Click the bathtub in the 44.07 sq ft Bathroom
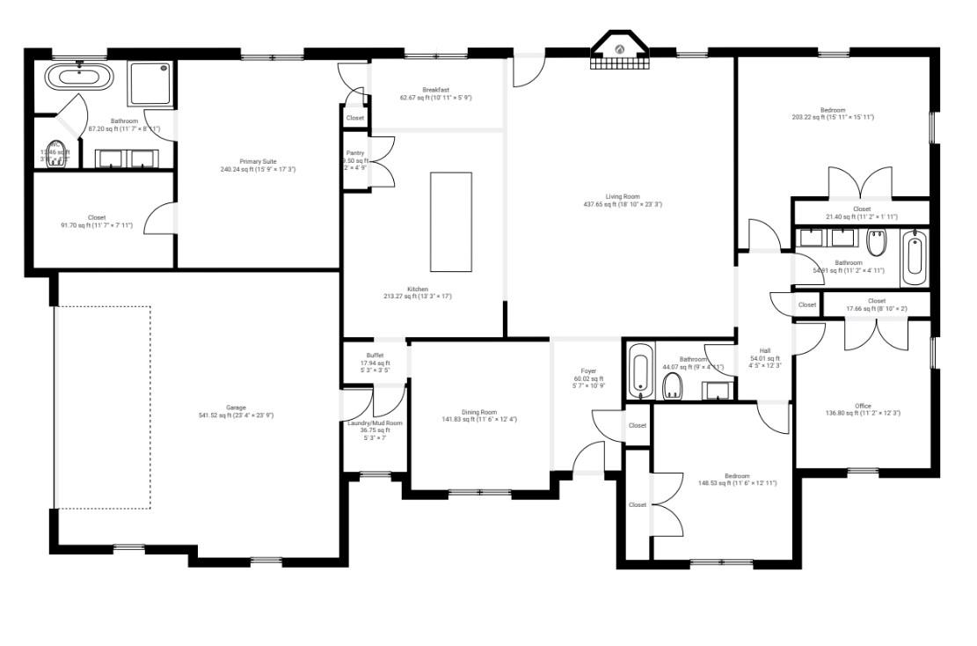(x=639, y=371)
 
